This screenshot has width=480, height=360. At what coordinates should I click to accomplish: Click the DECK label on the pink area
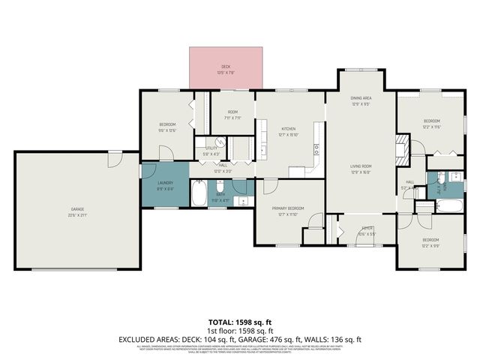pyautogui.click(x=226, y=67)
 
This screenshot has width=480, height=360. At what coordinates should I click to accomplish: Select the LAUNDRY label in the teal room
pyautogui.click(x=165, y=184)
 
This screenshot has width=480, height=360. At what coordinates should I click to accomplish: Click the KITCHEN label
pyautogui.click(x=289, y=128)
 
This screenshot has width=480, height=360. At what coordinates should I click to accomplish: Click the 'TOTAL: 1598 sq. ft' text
pyautogui.click(x=239, y=323)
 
